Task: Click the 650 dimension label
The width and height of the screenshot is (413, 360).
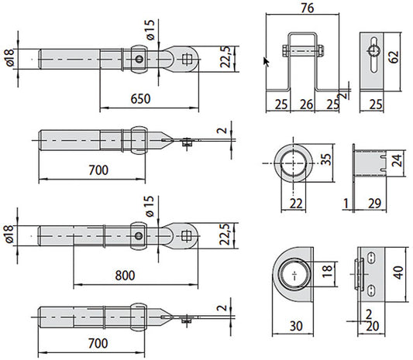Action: click(140, 98)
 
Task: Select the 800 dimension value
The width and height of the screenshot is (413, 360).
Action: click(125, 276)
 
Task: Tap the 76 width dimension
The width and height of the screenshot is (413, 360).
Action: click(308, 8)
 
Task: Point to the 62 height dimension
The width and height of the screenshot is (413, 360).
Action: click(394, 57)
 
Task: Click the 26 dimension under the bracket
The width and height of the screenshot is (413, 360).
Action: click(306, 105)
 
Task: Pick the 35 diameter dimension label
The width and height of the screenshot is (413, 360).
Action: click(327, 159)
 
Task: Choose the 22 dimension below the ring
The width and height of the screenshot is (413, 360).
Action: click(296, 204)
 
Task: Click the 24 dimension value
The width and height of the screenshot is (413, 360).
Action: click(397, 160)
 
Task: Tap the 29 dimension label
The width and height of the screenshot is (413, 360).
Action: click(374, 204)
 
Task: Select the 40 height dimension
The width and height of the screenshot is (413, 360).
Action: click(398, 273)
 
